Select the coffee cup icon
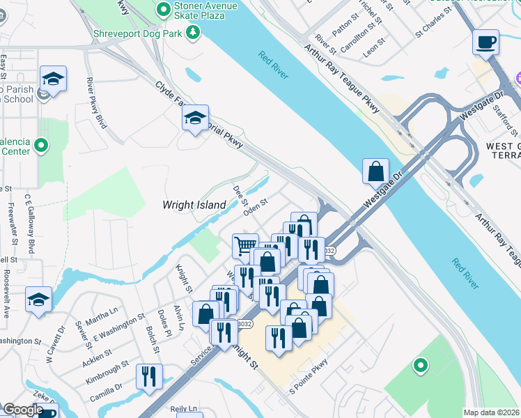coord(485,42)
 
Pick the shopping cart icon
coord(244,245)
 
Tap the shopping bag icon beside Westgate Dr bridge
coord(375,171)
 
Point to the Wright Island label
coord(194,205)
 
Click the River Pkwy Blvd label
coord(95,102)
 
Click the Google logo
coord(22,410)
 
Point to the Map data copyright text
coord(491,412)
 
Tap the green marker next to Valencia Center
coord(41,146)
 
